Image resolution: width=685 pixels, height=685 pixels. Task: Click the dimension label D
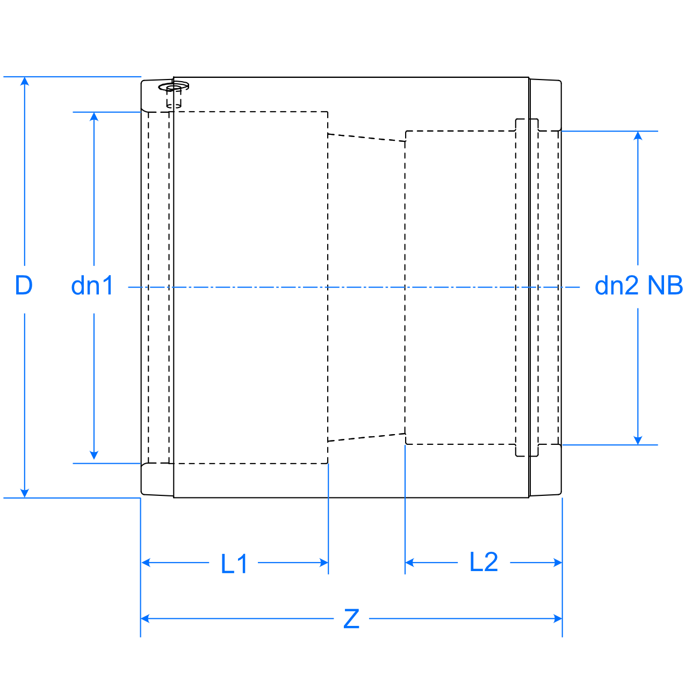(24, 285)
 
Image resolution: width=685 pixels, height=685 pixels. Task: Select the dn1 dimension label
(92, 285)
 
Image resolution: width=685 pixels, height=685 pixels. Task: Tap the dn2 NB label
(638, 285)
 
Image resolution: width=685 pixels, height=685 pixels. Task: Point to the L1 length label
(234, 564)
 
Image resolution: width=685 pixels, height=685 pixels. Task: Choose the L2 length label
(484, 563)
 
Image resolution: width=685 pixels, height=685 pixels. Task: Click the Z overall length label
(351, 619)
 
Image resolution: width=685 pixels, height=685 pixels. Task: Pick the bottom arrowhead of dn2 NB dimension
(638, 440)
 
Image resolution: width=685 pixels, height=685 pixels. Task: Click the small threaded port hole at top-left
(174, 86)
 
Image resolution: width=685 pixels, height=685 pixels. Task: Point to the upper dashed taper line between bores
(366, 138)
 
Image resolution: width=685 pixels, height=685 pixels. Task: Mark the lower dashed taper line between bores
(366, 437)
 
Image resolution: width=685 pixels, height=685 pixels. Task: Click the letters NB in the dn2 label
(665, 285)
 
